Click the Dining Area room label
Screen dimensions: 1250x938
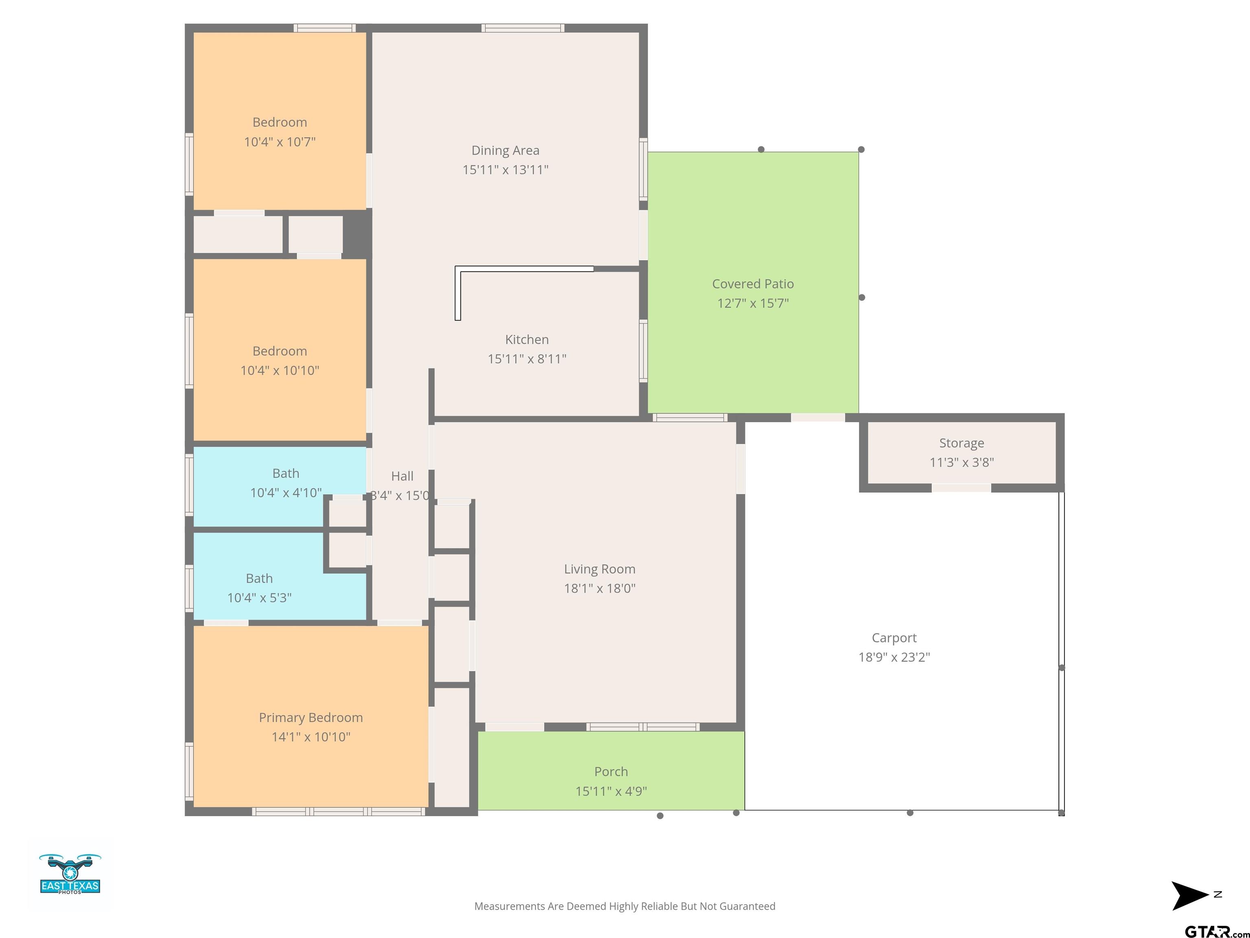point(505,150)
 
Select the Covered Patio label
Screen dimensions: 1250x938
point(753,284)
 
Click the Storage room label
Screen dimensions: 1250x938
point(961,443)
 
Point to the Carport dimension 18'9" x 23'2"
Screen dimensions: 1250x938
point(894,657)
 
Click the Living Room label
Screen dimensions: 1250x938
point(600,570)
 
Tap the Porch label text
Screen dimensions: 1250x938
point(611,772)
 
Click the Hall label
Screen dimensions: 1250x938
point(402,476)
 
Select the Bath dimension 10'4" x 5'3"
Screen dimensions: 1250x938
point(259,598)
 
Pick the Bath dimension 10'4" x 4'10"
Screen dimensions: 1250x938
point(286,493)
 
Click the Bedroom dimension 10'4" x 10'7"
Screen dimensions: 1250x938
point(280,142)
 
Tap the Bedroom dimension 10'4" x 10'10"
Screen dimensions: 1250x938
point(280,370)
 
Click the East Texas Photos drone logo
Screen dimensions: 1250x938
point(70,874)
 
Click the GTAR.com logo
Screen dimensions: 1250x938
point(1217,931)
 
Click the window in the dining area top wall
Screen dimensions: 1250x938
point(523,28)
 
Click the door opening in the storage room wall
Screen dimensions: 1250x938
point(961,488)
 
